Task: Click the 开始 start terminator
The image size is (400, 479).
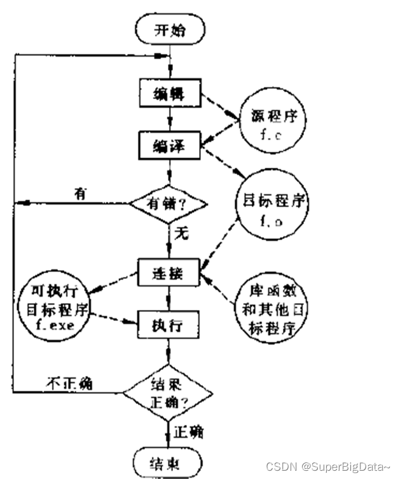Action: click(169, 29)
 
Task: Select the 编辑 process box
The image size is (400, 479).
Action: click(169, 93)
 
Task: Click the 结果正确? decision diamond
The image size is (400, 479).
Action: click(169, 392)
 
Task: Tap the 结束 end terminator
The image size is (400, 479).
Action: click(169, 460)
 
